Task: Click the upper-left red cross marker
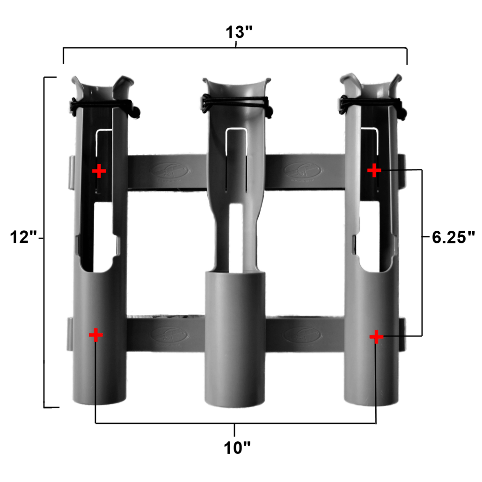[99, 171]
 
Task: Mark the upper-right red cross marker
[374, 171]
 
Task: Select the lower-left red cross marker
[95, 335]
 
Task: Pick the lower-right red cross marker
[376, 337]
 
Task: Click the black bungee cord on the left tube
[103, 105]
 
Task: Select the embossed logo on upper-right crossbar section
[302, 170]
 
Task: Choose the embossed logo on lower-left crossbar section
[170, 335]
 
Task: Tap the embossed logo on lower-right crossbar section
[302, 335]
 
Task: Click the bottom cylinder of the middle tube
[235, 337]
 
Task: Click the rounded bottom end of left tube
[99, 395]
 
